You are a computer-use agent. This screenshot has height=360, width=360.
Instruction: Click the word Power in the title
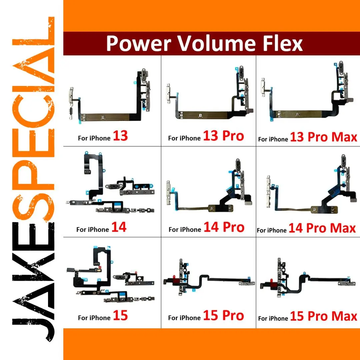click(x=138, y=43)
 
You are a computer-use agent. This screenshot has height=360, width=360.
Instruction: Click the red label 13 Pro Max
click(x=323, y=137)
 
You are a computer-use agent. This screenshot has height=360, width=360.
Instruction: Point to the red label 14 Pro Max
click(x=322, y=228)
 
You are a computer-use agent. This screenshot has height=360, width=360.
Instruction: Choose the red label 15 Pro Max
click(x=323, y=316)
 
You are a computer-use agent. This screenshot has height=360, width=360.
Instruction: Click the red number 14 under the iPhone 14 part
click(x=119, y=227)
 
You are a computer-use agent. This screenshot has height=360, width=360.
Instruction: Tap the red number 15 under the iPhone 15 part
click(x=120, y=315)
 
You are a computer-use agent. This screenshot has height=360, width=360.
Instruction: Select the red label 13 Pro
click(x=223, y=136)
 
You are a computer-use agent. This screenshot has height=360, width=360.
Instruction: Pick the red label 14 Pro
click(x=224, y=227)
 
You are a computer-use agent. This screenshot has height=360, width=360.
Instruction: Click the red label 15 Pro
click(x=223, y=315)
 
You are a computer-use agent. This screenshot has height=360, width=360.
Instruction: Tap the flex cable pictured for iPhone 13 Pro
click(x=202, y=115)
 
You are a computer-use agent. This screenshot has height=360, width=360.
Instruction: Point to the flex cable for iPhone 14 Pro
click(x=195, y=208)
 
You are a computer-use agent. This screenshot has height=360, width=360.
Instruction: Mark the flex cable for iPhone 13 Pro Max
click(x=298, y=113)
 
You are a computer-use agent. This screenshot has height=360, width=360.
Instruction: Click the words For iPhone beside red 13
click(x=94, y=138)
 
